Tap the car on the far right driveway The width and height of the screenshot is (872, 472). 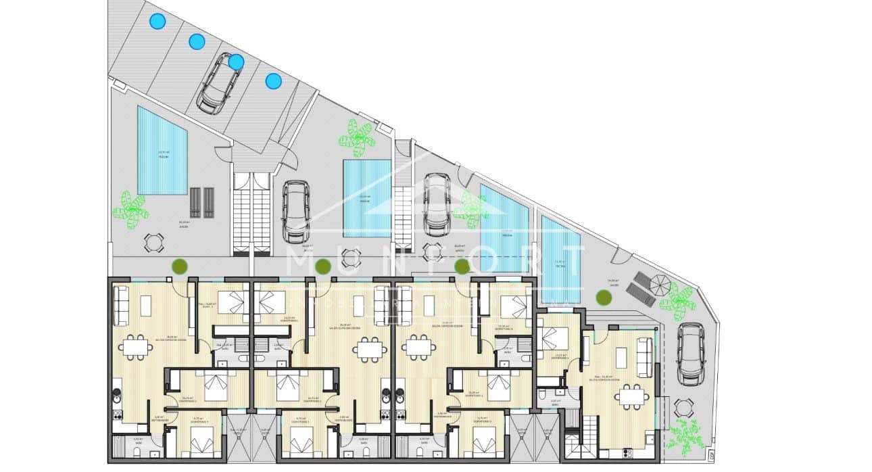(691, 353)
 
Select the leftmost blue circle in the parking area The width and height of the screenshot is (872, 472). (157, 22)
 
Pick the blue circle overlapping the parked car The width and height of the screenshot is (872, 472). (236, 62)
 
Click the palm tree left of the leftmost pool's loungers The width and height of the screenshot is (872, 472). (130, 209)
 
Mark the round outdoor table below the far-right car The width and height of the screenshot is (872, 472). (683, 408)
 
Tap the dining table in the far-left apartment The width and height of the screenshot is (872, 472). (135, 347)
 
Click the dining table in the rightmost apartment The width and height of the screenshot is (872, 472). (633, 396)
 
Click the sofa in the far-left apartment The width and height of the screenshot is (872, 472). (122, 306)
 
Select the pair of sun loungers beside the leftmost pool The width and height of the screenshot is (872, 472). (202, 202)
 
